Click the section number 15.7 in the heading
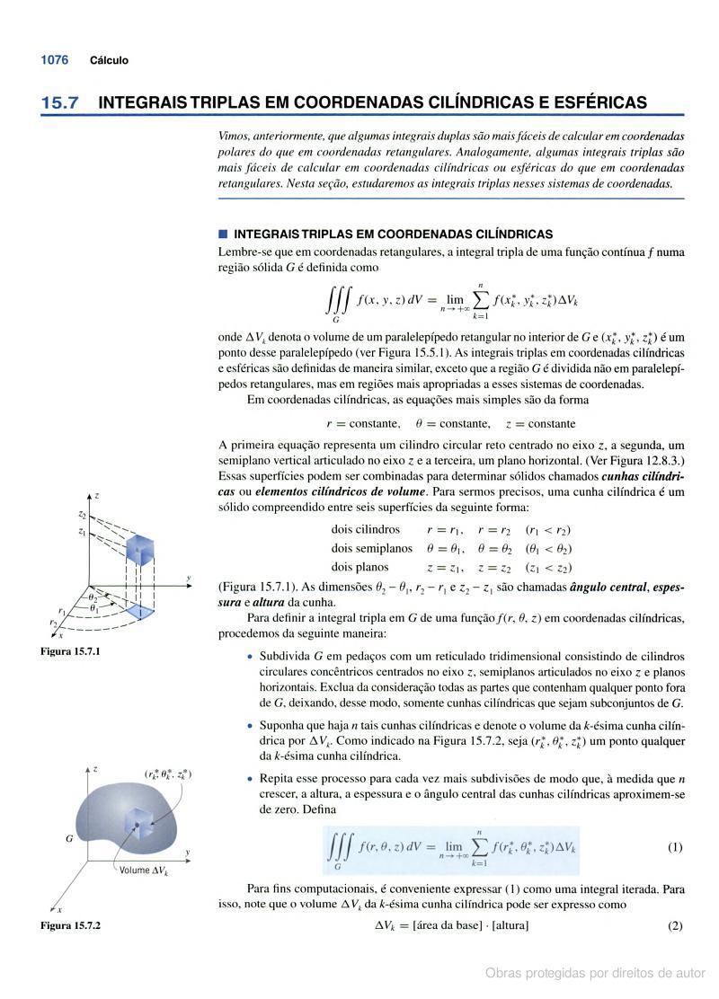[x=59, y=103]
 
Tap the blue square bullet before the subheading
[x=223, y=234]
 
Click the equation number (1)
[x=675, y=847]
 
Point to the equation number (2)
[x=675, y=925]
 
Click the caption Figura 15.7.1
[x=71, y=650]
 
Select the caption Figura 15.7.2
[x=71, y=924]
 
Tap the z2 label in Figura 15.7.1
[x=82, y=516]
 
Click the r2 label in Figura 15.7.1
[x=53, y=623]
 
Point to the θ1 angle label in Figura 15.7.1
[x=93, y=607]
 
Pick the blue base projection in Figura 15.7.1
[x=139, y=610]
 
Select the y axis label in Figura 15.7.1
[x=189, y=577]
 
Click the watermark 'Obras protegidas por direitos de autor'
[x=595, y=972]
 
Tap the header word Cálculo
[x=109, y=60]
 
